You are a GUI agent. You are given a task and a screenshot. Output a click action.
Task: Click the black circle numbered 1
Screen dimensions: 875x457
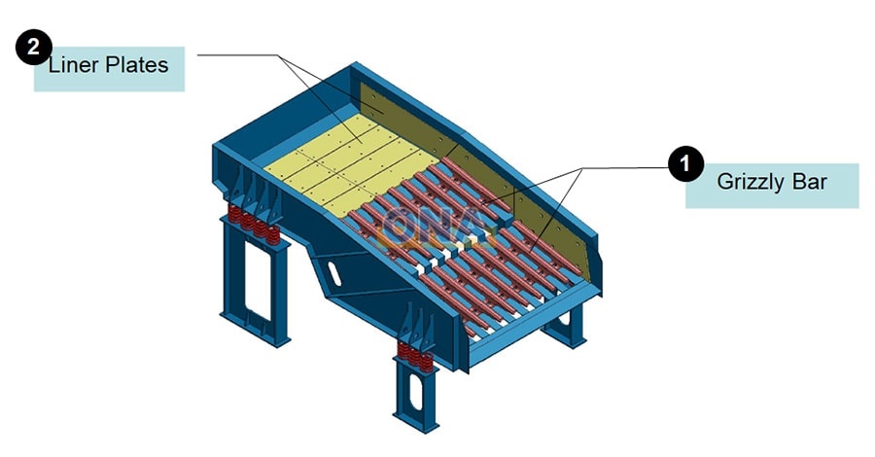pyautogui.click(x=685, y=164)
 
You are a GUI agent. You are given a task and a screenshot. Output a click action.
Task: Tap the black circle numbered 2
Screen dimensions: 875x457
pyautogui.click(x=33, y=47)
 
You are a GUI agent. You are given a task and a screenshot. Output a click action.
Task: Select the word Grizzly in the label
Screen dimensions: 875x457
pyautogui.click(x=749, y=182)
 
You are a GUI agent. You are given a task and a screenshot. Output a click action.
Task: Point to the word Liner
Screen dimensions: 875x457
pyautogui.click(x=74, y=65)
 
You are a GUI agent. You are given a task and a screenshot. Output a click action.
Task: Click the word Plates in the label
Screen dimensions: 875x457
pyautogui.click(x=137, y=65)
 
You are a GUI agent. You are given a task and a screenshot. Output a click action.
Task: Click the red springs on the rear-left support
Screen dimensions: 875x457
pyautogui.click(x=254, y=224)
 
